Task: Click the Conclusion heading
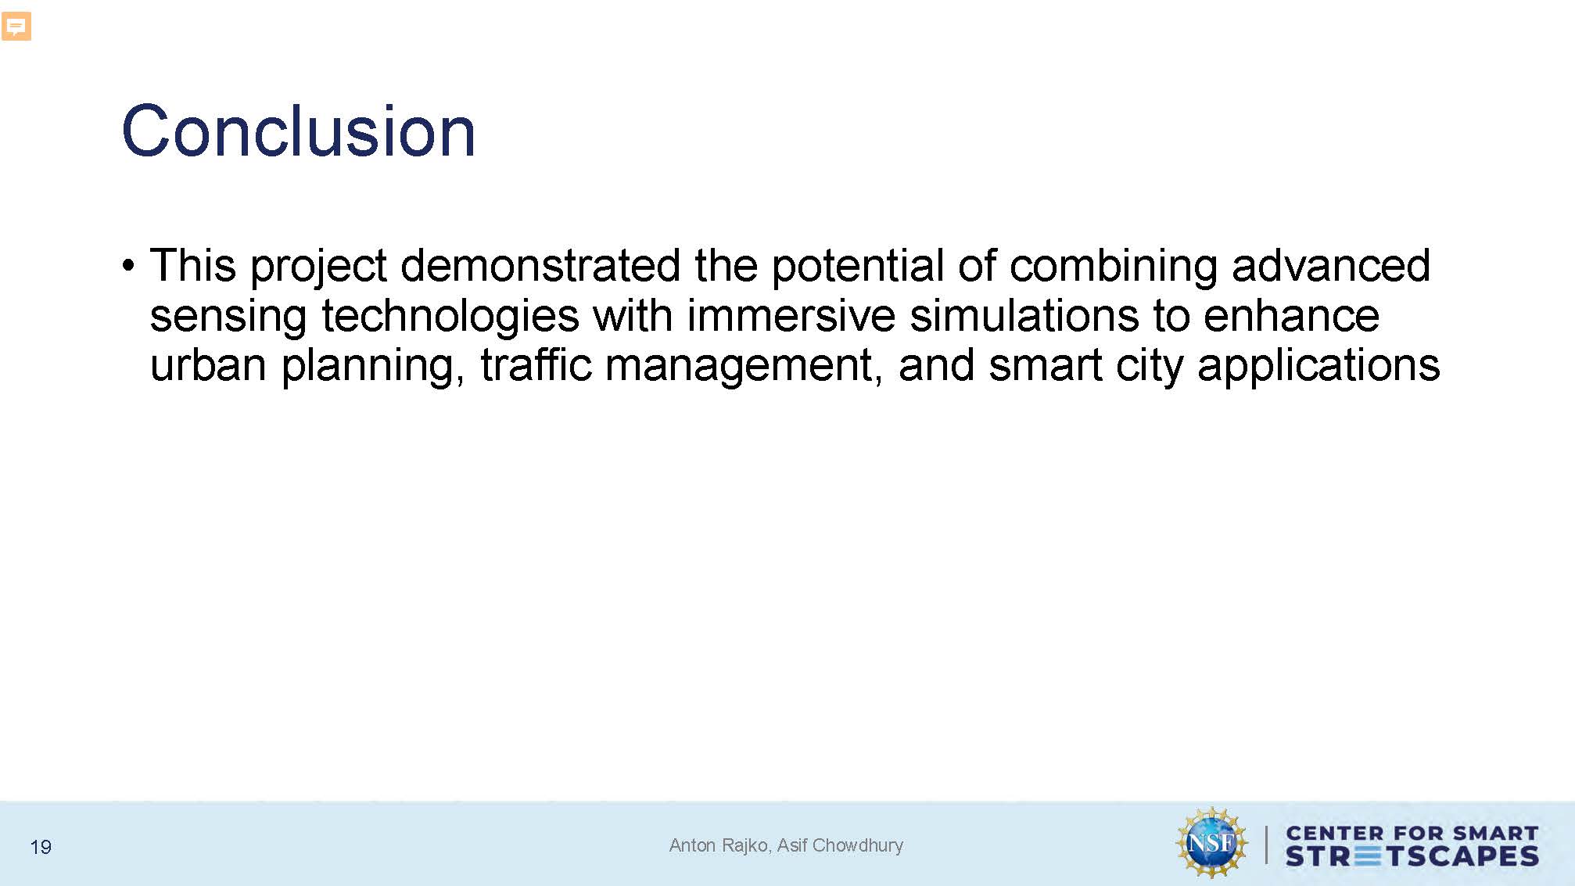(299, 131)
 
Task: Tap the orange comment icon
(16, 26)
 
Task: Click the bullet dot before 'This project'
(129, 266)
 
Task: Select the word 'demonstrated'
(540, 265)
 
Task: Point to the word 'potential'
(858, 265)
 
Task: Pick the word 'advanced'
(1331, 265)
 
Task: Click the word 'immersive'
(791, 315)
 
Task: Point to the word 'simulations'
(1024, 315)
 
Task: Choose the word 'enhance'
(1291, 315)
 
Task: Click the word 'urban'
(208, 364)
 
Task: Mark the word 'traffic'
(536, 364)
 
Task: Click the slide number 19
(41, 847)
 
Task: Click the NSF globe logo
(1211, 843)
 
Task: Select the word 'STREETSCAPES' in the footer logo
(1412, 856)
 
